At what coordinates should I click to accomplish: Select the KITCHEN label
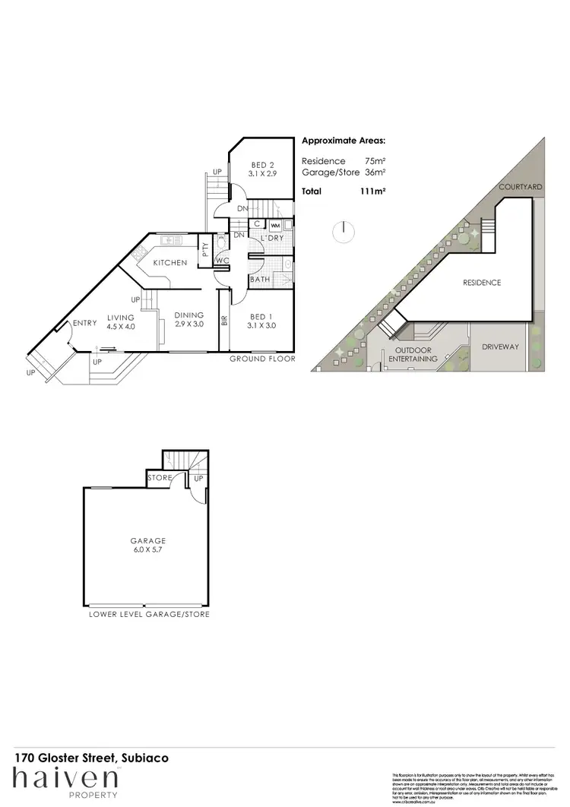[170, 262]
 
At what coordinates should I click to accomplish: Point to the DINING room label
[188, 315]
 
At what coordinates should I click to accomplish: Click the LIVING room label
[120, 318]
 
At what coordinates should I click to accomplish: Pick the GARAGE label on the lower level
[147, 541]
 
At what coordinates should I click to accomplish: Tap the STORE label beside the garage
[160, 479]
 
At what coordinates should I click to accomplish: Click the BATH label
[260, 280]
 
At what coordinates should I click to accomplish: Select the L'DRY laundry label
[271, 239]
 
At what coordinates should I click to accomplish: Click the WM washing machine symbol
[275, 226]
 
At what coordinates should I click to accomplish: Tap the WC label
[223, 261]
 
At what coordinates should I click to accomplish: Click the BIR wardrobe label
[224, 320]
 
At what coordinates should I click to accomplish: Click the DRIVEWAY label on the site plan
[500, 347]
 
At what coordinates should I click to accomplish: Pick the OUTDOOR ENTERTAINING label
[413, 355]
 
